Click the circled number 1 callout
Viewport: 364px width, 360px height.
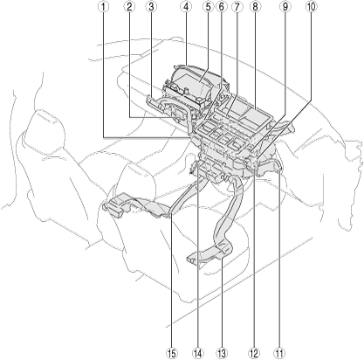tap(103, 7)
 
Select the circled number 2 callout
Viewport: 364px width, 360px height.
tap(129, 7)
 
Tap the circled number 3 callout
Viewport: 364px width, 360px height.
tap(151, 7)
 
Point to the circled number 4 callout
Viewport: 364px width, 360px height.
tap(186, 7)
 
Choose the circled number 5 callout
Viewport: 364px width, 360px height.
tap(208, 7)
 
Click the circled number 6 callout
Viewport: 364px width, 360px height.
tap(222, 7)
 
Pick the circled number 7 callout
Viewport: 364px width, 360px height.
tap(237, 7)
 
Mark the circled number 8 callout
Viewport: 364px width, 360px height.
tap(255, 7)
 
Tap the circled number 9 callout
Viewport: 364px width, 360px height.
tap(285, 7)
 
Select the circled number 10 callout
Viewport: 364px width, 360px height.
tap(311, 7)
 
